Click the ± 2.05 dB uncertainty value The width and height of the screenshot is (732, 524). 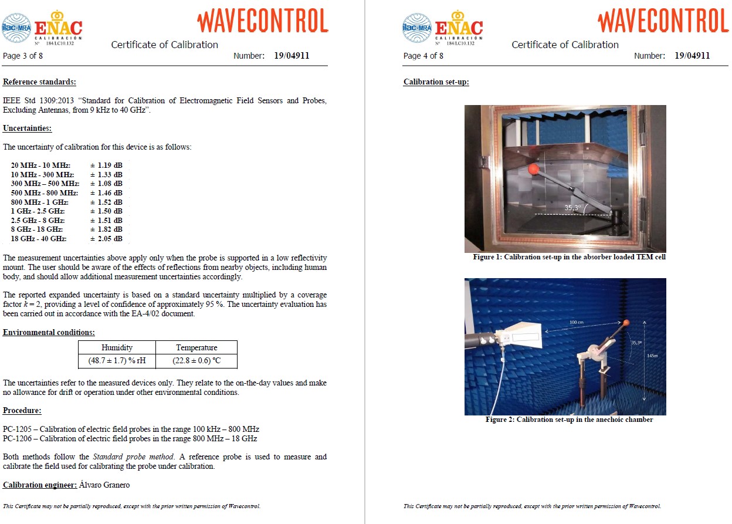pos(106,239)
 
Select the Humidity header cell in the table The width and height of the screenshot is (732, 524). pos(117,347)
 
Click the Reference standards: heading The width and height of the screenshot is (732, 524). pos(39,83)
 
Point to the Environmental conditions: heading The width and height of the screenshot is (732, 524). pos(49,333)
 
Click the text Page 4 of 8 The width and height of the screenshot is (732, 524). pos(423,56)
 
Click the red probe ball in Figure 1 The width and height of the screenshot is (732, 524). pos(534,170)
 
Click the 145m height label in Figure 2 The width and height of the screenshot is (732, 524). pos(653,356)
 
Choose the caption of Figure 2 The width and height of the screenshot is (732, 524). pos(569,420)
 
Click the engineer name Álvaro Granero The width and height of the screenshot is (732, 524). pos(100,485)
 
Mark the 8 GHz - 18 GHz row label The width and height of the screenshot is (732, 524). pos(37,229)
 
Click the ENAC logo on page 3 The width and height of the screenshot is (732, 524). pos(58,28)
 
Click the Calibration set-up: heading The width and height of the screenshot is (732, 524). pos(436,82)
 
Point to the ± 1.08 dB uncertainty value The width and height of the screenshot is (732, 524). pos(106,184)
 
